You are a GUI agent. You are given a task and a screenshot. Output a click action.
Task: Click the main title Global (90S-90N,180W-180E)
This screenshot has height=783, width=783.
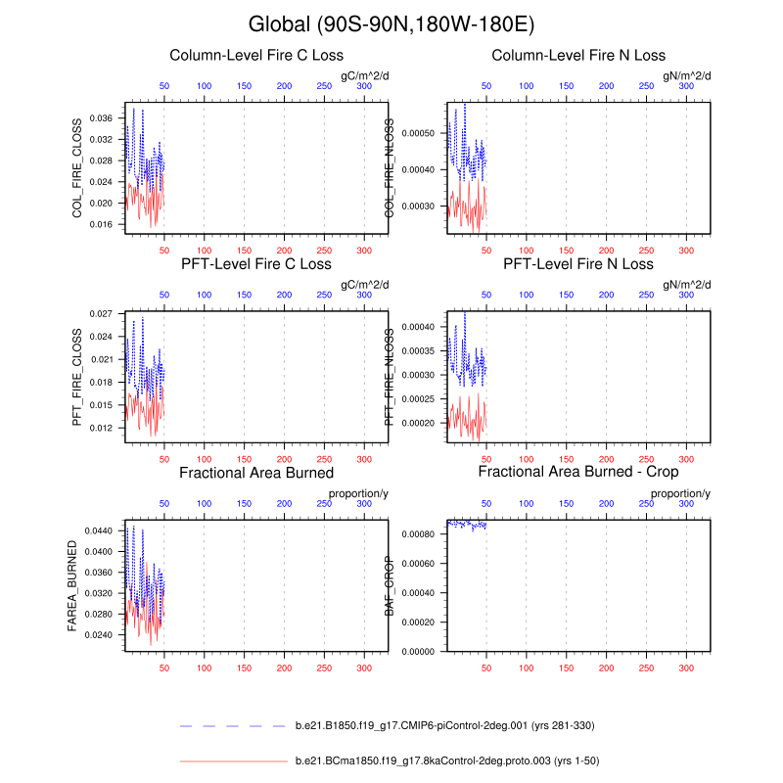click(x=391, y=23)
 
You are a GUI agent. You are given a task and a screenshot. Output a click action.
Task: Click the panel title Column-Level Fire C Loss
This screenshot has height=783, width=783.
click(x=256, y=55)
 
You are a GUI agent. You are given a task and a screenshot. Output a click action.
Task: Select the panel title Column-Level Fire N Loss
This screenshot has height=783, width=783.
click(x=578, y=55)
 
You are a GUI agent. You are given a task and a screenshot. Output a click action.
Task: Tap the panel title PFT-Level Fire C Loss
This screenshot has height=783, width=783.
click(x=256, y=264)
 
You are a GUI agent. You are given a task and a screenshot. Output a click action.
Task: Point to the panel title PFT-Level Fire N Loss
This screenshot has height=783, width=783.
click(x=578, y=264)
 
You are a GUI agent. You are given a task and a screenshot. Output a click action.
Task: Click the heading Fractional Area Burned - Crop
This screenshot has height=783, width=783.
click(x=578, y=473)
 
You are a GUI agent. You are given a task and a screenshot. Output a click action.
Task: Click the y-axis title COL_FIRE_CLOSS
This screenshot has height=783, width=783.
click(x=76, y=167)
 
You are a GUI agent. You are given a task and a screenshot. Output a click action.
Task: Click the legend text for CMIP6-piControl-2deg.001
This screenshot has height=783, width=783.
click(x=444, y=726)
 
